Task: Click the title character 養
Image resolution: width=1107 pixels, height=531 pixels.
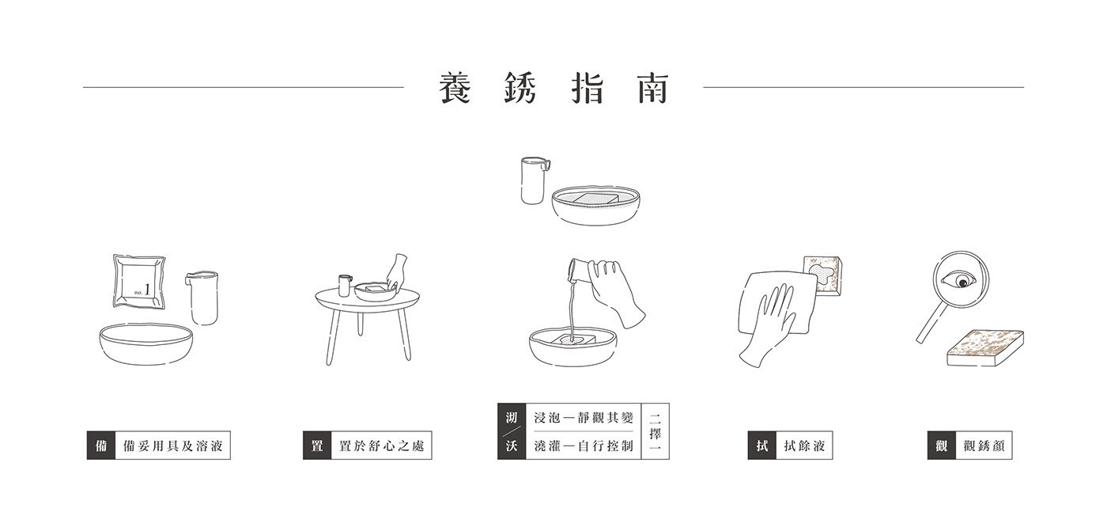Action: (455, 88)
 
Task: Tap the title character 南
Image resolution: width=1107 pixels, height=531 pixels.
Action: (653, 88)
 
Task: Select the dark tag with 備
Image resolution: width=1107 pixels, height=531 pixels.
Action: (101, 446)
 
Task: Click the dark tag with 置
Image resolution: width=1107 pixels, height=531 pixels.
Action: (317, 446)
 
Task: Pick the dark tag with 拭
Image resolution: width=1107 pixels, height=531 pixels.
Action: (762, 446)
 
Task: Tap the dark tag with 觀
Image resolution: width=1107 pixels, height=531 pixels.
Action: (942, 446)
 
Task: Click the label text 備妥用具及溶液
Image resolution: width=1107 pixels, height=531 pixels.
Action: (173, 446)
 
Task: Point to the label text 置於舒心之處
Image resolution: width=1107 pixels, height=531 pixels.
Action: (381, 446)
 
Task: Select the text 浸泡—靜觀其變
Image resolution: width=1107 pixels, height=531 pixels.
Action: (584, 418)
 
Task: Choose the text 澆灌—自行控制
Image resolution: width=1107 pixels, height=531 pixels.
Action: (584, 446)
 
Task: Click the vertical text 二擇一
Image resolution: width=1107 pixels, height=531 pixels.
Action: (656, 431)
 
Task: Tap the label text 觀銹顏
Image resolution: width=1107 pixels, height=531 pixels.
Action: (984, 446)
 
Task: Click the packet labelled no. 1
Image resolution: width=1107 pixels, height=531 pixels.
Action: (139, 281)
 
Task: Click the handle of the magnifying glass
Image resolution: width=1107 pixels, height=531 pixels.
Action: (932, 323)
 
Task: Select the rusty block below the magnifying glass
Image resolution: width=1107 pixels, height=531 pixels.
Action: (985, 348)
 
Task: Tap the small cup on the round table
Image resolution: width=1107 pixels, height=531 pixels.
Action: (345, 286)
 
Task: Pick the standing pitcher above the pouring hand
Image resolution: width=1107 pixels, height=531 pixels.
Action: (535, 180)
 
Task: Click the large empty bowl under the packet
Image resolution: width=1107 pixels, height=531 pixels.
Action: (146, 344)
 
